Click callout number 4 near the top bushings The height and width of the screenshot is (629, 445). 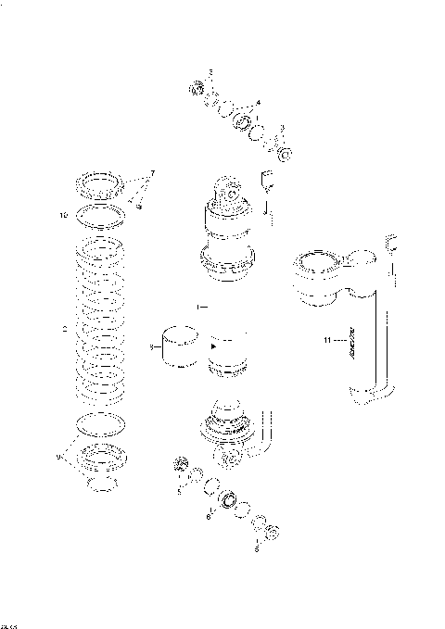pyautogui.click(x=258, y=102)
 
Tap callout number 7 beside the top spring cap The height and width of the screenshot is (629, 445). pyautogui.click(x=153, y=173)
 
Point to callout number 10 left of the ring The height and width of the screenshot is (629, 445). pyautogui.click(x=64, y=216)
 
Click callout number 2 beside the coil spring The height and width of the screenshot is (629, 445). pyautogui.click(x=62, y=326)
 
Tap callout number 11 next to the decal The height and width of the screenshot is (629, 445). pyautogui.click(x=327, y=341)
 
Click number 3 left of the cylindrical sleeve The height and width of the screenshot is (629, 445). pyautogui.click(x=151, y=347)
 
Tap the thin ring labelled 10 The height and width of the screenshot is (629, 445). pyautogui.click(x=101, y=217)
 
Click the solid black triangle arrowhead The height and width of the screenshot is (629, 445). pyautogui.click(x=216, y=346)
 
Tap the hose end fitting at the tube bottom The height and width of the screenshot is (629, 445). pyautogui.click(x=363, y=398)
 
